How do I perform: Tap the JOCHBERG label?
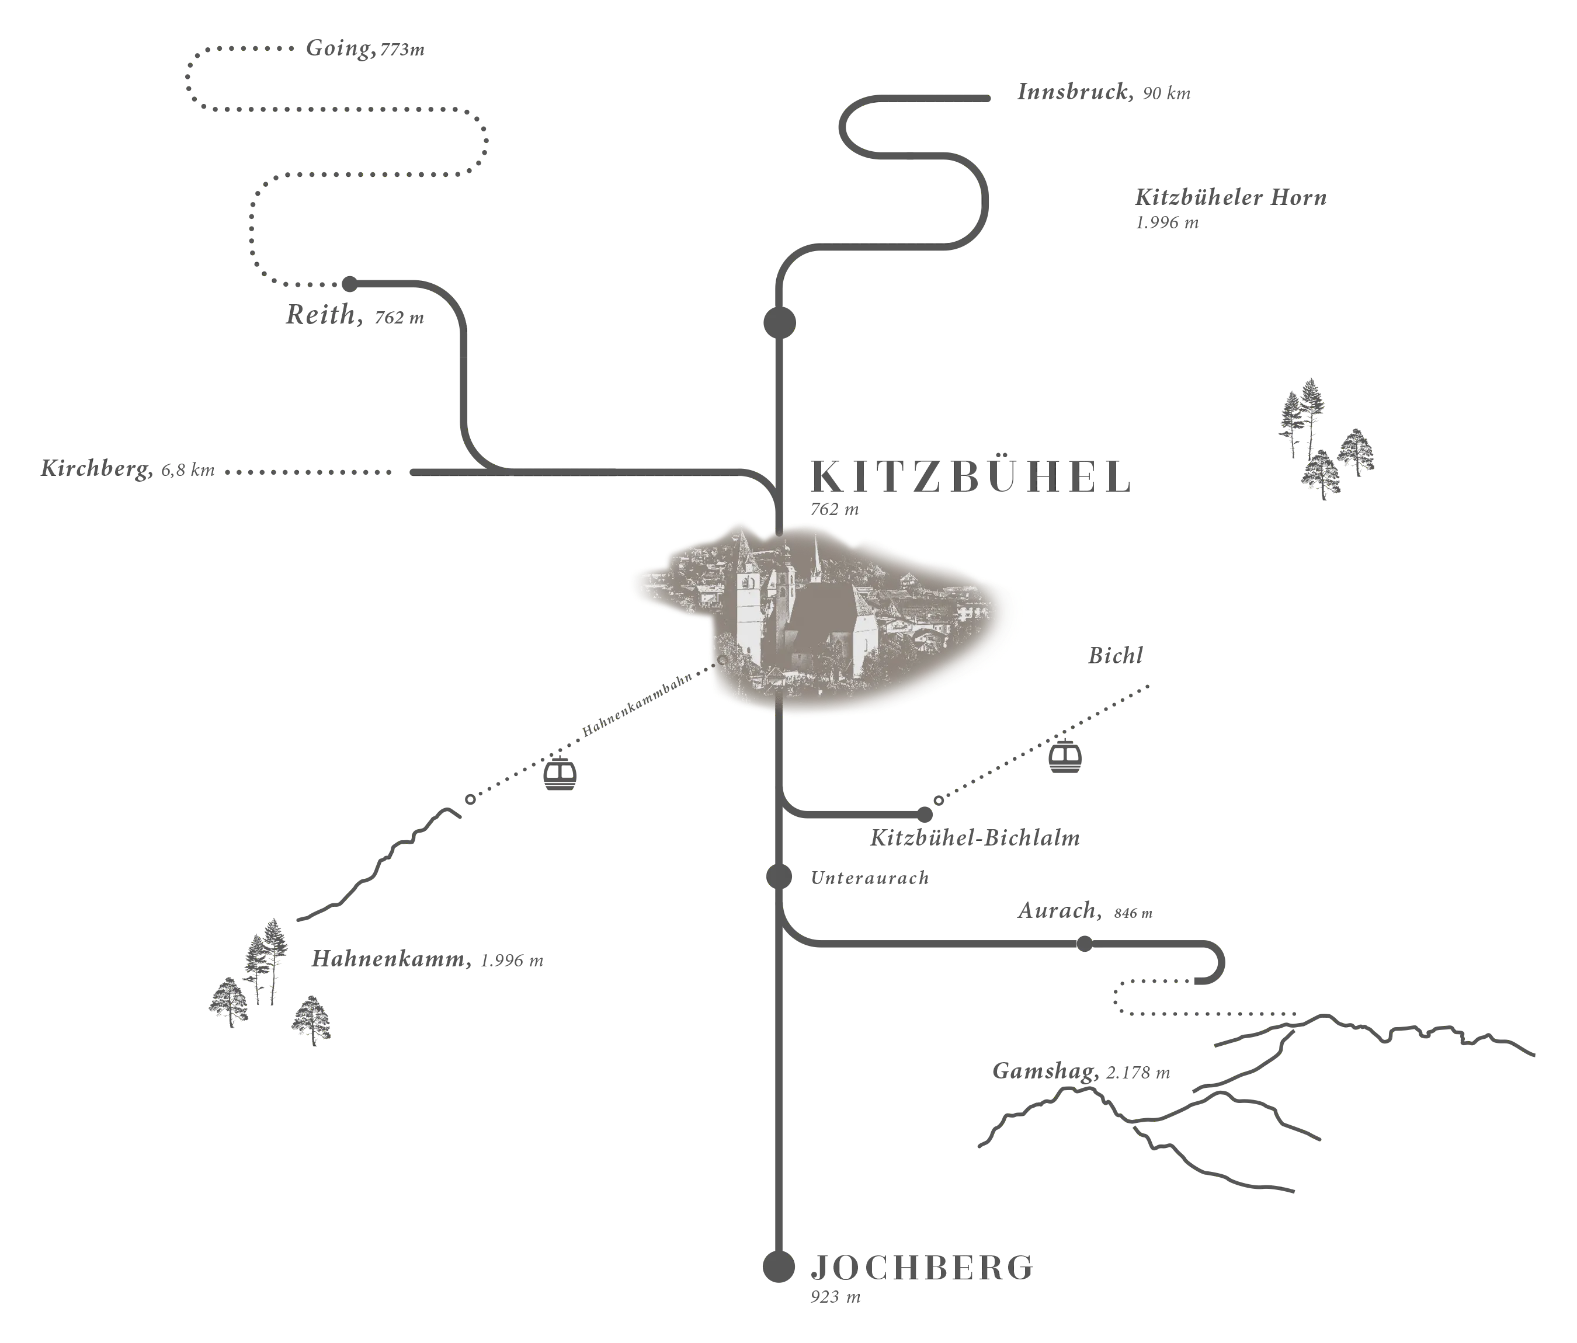[x=922, y=1267]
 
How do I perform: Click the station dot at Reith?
[x=349, y=284]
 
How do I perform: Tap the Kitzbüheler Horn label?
[x=1231, y=198]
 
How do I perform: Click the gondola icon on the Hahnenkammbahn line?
[x=560, y=773]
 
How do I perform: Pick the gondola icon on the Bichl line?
[x=1065, y=756]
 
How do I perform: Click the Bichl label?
[x=1115, y=656]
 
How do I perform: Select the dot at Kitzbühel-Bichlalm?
[x=925, y=815]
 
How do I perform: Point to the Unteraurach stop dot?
[x=779, y=876]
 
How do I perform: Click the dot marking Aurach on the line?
[x=1085, y=944]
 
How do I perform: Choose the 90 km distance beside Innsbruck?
[x=1167, y=93]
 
